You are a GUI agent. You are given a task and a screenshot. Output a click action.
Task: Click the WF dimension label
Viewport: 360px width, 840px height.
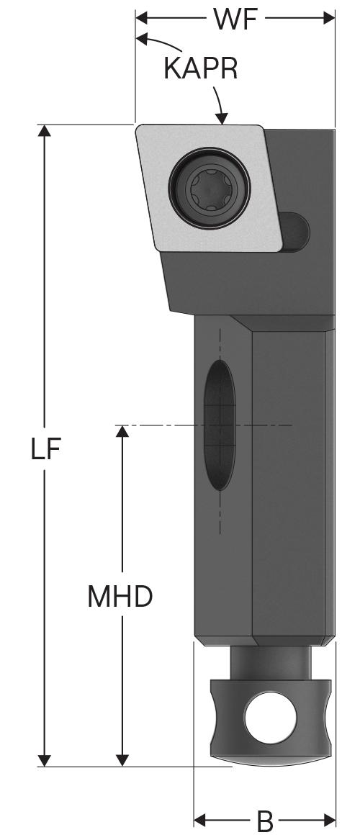click(235, 19)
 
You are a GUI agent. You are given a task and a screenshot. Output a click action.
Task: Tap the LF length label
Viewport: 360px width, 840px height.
click(45, 449)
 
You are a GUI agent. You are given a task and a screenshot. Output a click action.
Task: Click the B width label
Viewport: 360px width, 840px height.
click(265, 821)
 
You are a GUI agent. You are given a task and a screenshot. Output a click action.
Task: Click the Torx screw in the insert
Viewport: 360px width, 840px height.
click(210, 187)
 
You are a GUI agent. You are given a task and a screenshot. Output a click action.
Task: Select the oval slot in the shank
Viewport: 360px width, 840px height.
click(220, 425)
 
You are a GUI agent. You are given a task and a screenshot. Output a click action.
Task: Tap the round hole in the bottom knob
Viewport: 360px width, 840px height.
click(270, 718)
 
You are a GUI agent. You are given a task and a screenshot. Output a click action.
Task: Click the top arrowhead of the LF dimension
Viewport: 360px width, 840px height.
click(45, 130)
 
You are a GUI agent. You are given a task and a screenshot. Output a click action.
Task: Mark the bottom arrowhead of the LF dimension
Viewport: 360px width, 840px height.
click(45, 760)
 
